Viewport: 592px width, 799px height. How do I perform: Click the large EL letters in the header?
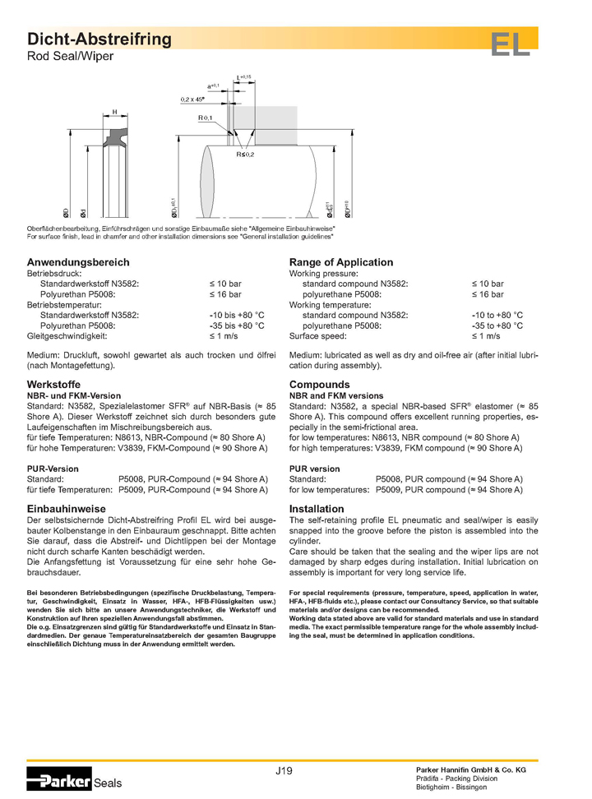coord(511,44)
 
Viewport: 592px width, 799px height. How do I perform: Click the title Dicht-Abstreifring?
coord(99,39)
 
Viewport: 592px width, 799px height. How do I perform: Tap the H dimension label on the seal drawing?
coord(114,111)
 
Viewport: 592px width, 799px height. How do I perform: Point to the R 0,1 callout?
coord(205,118)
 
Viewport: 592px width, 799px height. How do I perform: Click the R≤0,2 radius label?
coord(246,155)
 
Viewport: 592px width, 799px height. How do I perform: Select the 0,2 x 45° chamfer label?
coord(192,99)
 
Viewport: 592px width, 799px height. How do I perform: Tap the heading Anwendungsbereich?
coord(78,262)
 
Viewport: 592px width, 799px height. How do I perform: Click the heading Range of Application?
coord(341,262)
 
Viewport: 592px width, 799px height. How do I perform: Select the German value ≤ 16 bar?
coord(224,293)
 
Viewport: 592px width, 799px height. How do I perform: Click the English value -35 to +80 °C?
coord(497,326)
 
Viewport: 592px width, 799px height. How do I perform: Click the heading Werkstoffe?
coord(58,384)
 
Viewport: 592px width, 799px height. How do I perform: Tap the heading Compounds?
coord(319,384)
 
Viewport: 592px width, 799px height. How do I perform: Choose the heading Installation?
coord(317,509)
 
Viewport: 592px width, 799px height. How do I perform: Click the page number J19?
coord(284,770)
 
